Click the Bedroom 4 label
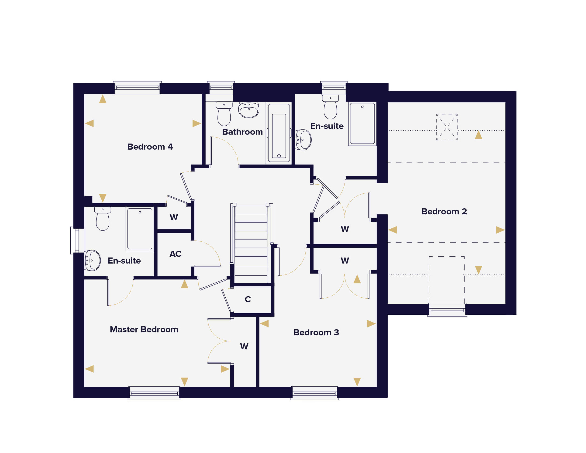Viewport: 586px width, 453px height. click(x=150, y=147)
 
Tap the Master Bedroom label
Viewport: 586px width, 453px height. click(x=144, y=329)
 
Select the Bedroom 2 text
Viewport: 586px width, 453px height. click(x=444, y=211)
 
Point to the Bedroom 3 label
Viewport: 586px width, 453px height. click(x=316, y=332)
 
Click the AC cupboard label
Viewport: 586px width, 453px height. click(x=175, y=254)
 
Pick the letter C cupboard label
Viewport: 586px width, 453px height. click(x=248, y=299)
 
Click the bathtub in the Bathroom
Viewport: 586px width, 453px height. click(x=279, y=133)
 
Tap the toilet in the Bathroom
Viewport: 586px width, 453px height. click(x=224, y=114)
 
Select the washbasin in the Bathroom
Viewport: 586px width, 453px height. click(x=249, y=110)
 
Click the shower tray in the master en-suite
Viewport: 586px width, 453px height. click(x=140, y=229)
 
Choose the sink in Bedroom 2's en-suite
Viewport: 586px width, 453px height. click(x=303, y=140)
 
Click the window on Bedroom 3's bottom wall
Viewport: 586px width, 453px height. click(x=314, y=393)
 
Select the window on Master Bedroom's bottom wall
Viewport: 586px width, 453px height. click(x=154, y=393)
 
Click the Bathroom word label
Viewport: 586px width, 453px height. click(x=242, y=132)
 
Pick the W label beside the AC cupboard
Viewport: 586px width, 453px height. click(x=174, y=217)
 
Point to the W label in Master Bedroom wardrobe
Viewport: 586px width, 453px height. click(x=244, y=346)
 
